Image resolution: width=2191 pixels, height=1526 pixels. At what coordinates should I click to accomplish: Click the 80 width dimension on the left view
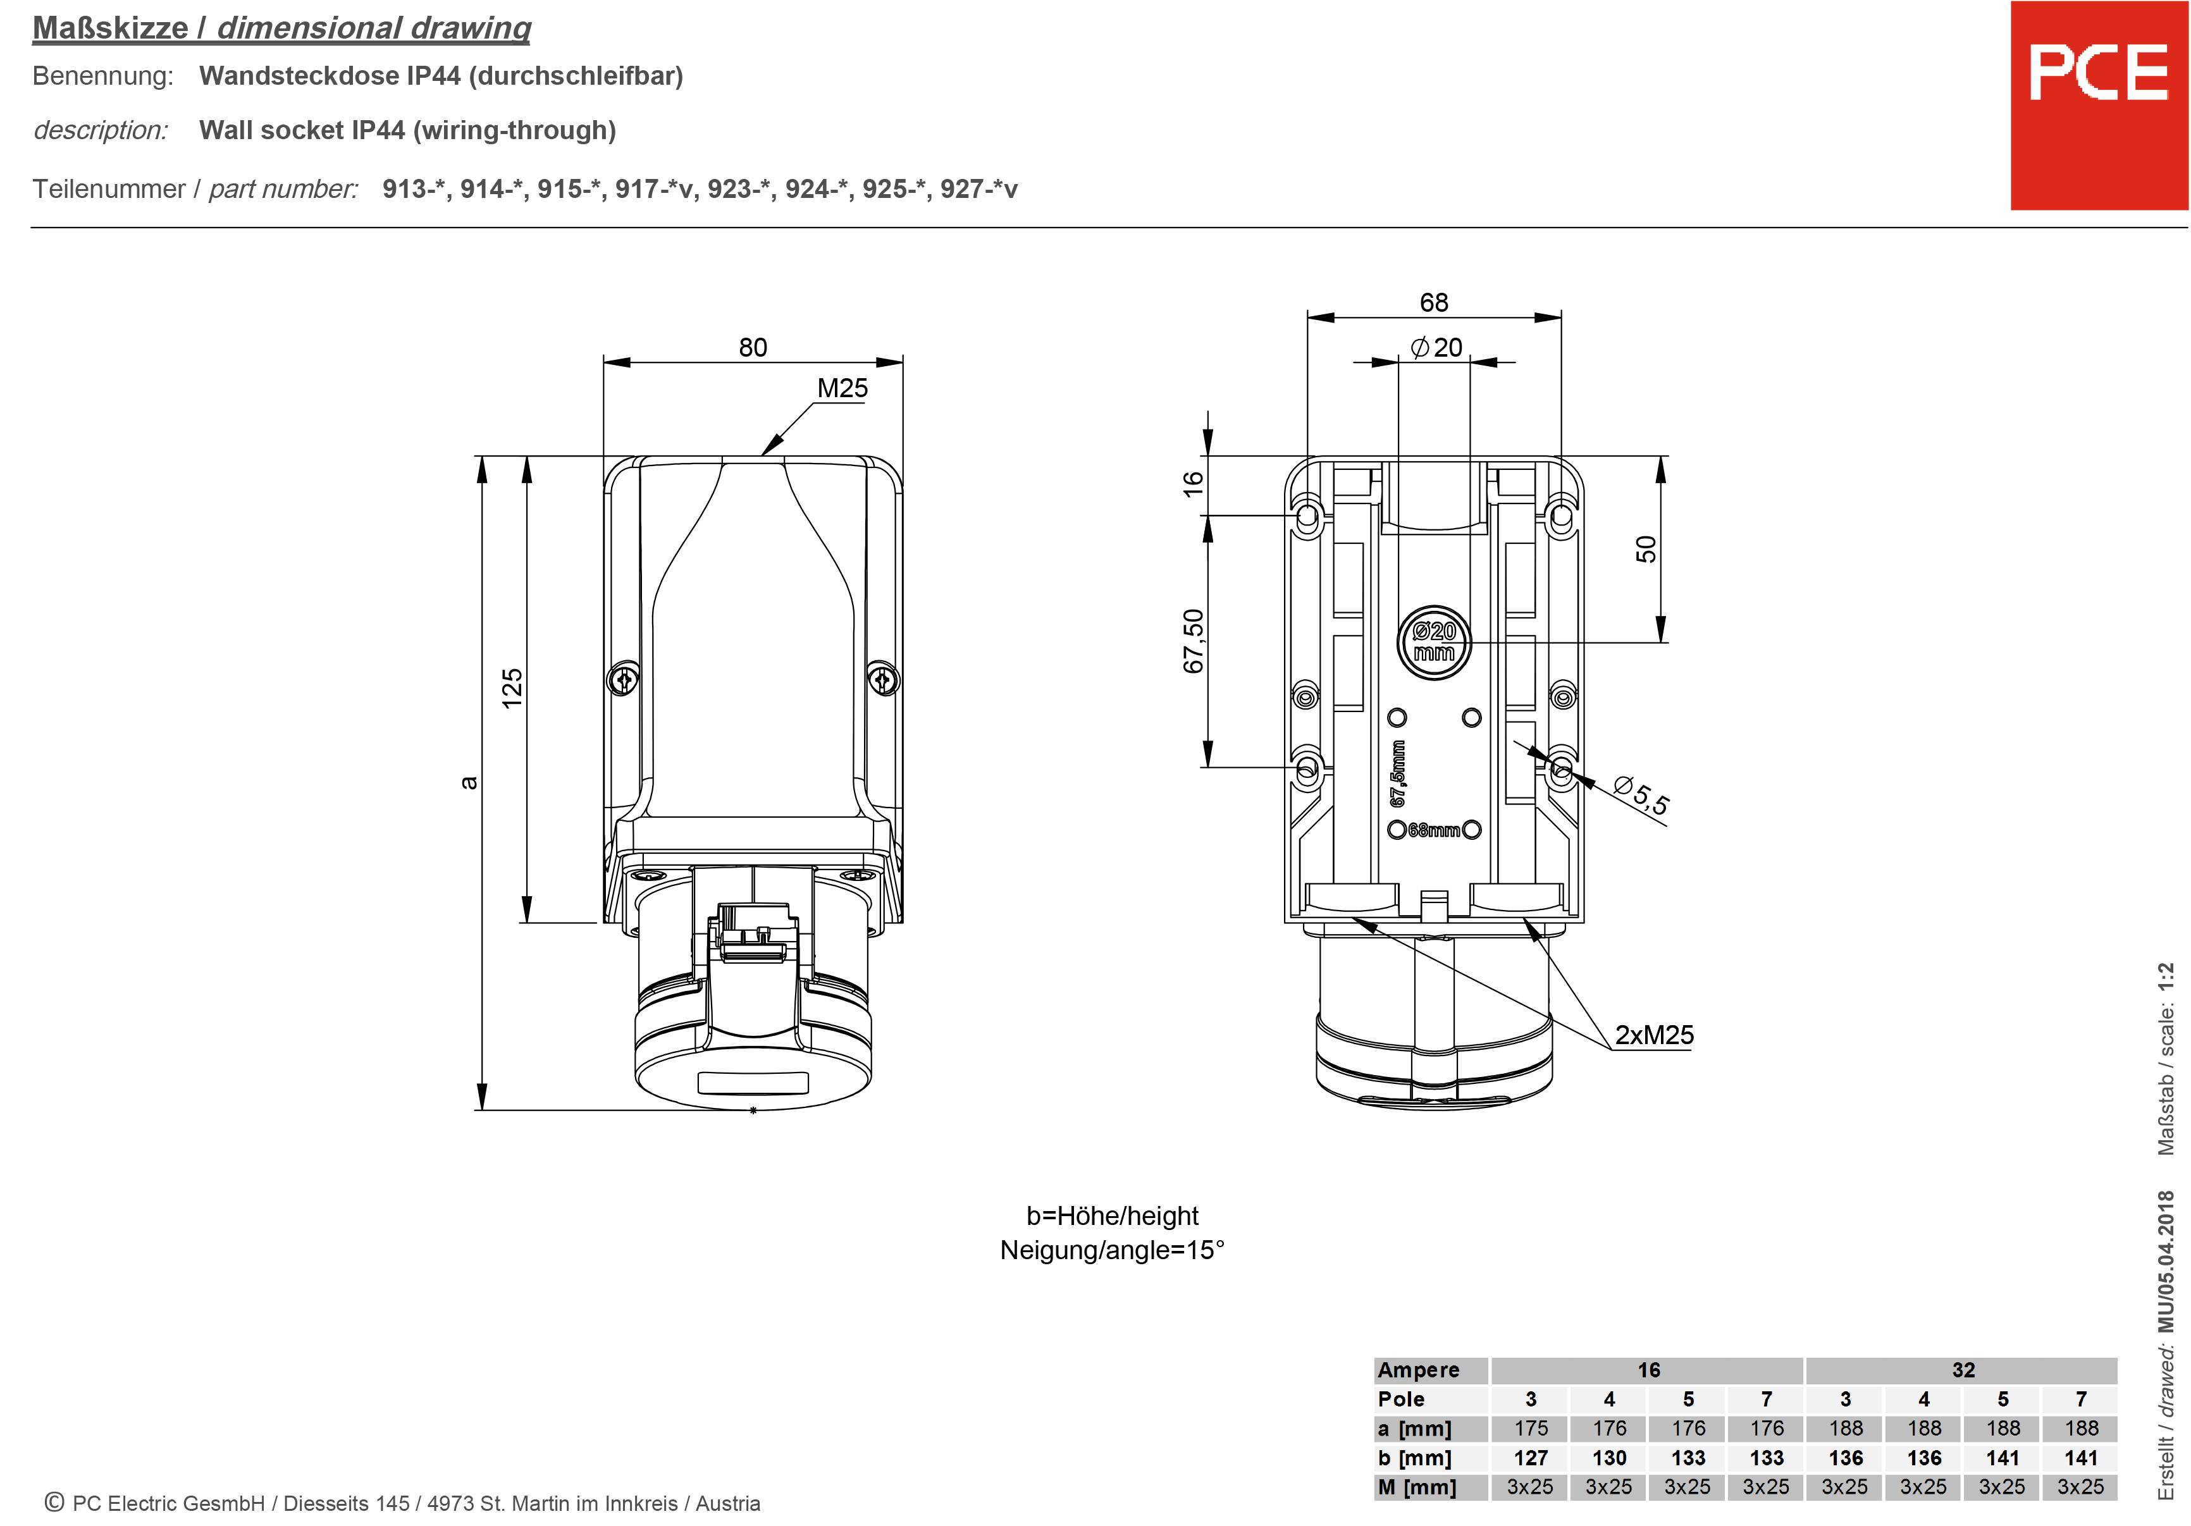click(x=752, y=347)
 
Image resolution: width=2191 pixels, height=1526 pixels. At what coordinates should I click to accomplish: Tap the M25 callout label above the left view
click(x=842, y=388)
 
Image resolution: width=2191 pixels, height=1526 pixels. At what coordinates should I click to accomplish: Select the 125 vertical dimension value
click(x=512, y=687)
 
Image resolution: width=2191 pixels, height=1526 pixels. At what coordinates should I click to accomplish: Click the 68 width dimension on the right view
click(x=1433, y=302)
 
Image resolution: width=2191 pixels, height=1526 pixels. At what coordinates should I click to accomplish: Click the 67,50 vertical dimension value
click(x=1194, y=641)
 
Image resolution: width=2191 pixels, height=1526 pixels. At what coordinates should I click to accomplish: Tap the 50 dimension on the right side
click(x=1646, y=549)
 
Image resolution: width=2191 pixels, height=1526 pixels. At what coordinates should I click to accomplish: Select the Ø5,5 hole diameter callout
click(x=1641, y=797)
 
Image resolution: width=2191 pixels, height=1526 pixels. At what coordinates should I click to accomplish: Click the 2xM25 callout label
click(x=1654, y=1035)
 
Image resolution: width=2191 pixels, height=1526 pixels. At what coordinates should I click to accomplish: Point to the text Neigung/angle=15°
click(x=1112, y=1250)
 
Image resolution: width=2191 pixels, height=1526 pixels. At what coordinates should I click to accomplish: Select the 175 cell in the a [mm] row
click(x=1531, y=1429)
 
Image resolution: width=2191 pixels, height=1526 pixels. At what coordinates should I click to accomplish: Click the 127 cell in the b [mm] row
click(x=1531, y=1458)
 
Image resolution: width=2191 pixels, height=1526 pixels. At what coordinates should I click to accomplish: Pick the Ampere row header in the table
click(x=1419, y=1370)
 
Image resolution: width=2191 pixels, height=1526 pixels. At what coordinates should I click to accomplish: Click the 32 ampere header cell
click(x=1963, y=1370)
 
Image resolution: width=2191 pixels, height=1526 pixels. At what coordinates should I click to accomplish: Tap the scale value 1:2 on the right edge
click(x=2166, y=981)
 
